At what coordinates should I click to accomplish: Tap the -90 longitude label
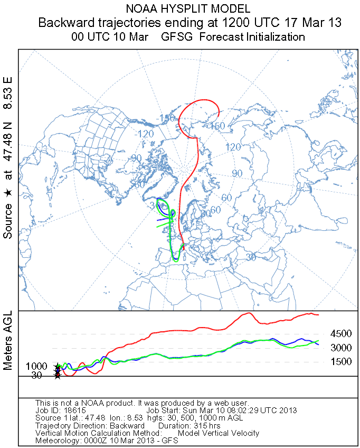(x=136, y=158)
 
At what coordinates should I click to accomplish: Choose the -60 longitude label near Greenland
(x=139, y=185)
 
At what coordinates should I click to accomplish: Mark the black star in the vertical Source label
(x=8, y=194)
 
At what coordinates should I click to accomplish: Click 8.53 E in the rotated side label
(x=8, y=93)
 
